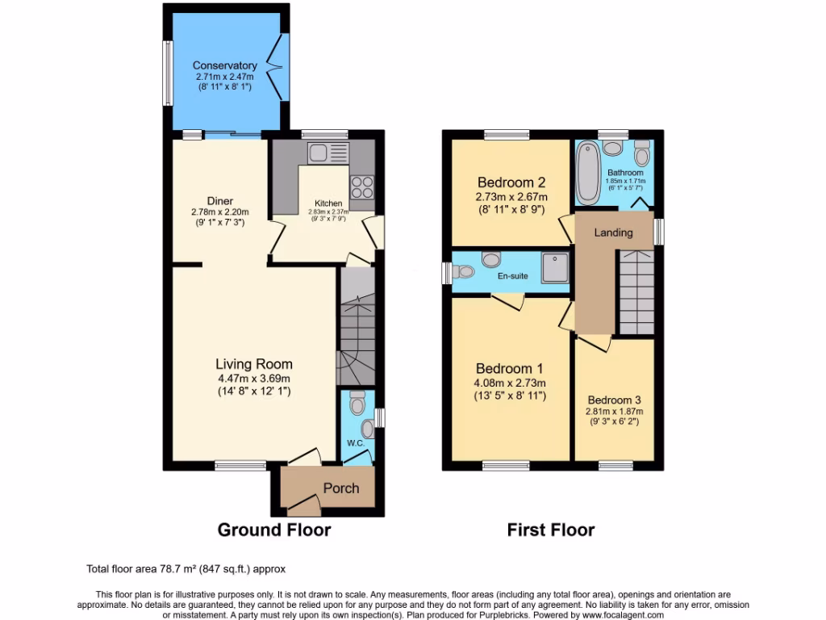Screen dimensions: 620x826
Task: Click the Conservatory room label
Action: tap(224, 65)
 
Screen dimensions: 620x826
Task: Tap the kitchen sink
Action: tap(317, 152)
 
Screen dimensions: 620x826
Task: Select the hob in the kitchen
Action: tap(361, 186)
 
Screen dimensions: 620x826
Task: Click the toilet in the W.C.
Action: tap(357, 401)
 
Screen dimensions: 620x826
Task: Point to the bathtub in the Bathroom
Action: tap(587, 172)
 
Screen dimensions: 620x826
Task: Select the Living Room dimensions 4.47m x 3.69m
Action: tap(253, 378)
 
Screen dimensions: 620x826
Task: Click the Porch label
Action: tap(341, 488)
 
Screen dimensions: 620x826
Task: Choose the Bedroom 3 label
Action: tap(615, 400)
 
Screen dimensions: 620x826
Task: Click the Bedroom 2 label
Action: tap(512, 182)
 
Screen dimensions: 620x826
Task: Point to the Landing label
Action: tap(613, 232)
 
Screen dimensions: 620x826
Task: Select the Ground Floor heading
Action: tap(274, 530)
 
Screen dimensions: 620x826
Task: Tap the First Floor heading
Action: tap(551, 530)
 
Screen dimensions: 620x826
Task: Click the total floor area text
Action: tap(186, 568)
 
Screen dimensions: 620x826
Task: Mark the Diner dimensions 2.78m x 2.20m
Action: tap(219, 212)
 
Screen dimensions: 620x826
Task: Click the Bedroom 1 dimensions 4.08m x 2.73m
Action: tap(511, 383)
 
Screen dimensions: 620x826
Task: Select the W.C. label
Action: tap(356, 442)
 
